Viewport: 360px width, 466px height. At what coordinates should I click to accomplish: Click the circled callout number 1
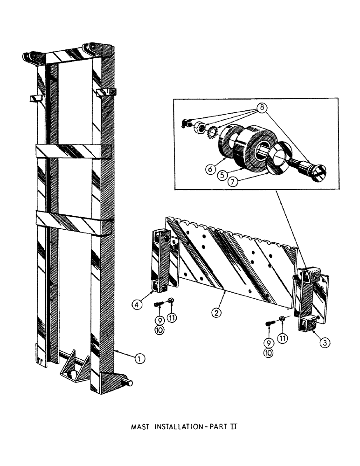(138, 358)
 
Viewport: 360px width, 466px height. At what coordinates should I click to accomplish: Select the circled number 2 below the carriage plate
(216, 313)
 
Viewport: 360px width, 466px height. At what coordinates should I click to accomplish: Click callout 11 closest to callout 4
(171, 317)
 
